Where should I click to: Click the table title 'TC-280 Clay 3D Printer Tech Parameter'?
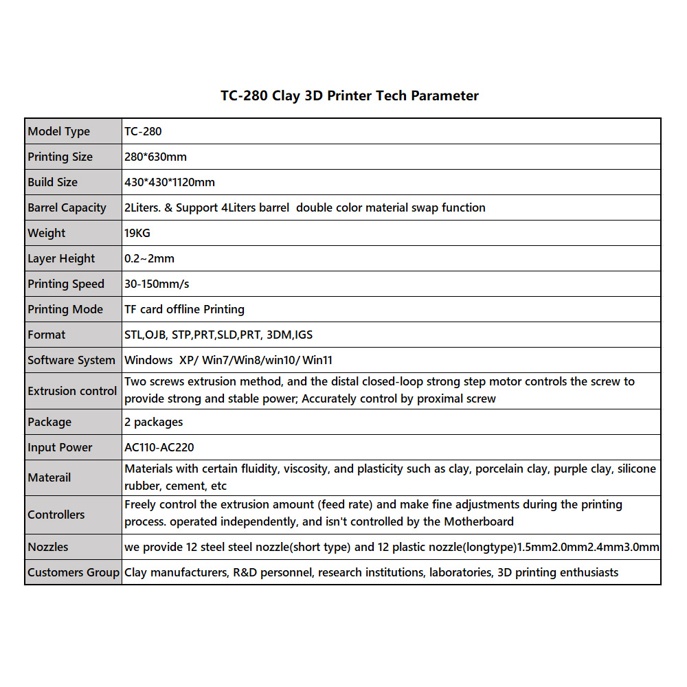pyautogui.click(x=349, y=96)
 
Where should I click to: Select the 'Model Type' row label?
pyautogui.click(x=59, y=131)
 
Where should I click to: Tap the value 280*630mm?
pyautogui.click(x=155, y=157)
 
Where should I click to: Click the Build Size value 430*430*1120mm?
pyautogui.click(x=170, y=182)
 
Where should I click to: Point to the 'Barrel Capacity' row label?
pyautogui.click(x=67, y=207)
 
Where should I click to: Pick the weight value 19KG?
pyautogui.click(x=137, y=233)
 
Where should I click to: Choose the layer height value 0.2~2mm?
pyautogui.click(x=149, y=258)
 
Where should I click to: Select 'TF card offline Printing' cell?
pyautogui.click(x=184, y=309)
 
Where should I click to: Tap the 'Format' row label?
pyautogui.click(x=47, y=335)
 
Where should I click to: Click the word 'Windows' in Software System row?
pyautogui.click(x=148, y=360)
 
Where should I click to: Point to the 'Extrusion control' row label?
pyautogui.click(x=72, y=391)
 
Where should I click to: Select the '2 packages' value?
pyautogui.click(x=154, y=422)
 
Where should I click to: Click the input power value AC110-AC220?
pyautogui.click(x=159, y=447)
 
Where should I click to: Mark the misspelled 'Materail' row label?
pyautogui.click(x=49, y=477)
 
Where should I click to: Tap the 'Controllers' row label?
pyautogui.click(x=56, y=515)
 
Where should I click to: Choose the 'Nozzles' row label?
pyautogui.click(x=48, y=547)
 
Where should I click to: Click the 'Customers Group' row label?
pyautogui.click(x=74, y=572)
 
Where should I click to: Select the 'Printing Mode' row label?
pyautogui.click(x=65, y=309)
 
